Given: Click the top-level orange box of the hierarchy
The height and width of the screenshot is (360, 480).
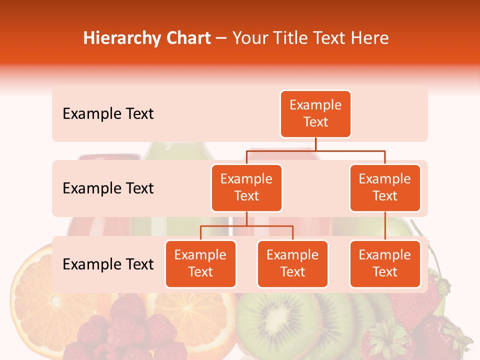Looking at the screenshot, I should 315,113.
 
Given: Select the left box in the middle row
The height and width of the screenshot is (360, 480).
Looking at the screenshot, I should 246,187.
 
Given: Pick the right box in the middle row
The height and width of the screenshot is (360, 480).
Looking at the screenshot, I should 385,187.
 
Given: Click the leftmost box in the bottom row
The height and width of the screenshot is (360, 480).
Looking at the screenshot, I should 200,263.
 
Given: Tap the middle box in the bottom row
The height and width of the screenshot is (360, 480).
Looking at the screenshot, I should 292,263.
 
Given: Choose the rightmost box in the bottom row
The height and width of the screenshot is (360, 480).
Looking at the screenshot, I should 385,263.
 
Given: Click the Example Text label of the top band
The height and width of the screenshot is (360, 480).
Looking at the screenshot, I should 108,114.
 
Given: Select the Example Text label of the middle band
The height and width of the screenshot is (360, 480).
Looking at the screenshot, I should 108,188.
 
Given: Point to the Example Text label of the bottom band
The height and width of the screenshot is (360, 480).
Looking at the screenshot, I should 108,264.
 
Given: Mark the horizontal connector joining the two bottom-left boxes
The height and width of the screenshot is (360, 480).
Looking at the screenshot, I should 246,226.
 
